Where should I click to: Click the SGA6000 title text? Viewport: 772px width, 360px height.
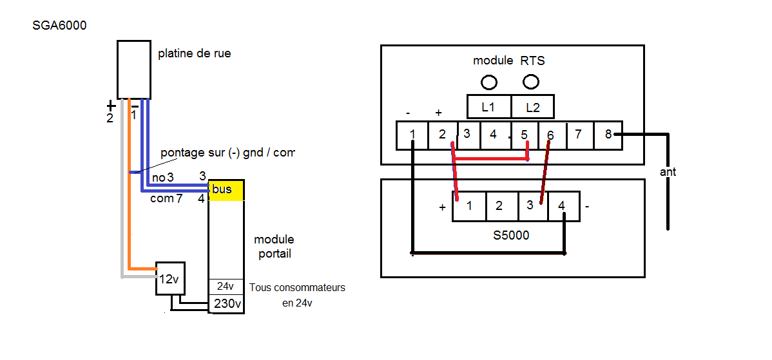click(59, 26)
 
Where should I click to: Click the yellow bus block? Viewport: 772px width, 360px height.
click(226, 190)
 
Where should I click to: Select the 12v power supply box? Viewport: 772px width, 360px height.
click(170, 279)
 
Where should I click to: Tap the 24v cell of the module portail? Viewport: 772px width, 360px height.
click(226, 286)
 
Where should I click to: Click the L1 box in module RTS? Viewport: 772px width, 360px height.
click(488, 107)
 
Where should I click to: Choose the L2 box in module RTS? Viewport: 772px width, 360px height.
click(532, 107)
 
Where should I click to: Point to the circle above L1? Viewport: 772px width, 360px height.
click(489, 82)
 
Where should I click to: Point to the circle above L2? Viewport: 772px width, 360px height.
click(532, 82)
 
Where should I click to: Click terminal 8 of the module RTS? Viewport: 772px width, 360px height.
click(608, 135)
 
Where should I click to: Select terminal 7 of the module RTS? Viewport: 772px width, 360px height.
click(579, 135)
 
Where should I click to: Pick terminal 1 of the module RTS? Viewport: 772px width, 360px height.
click(412, 135)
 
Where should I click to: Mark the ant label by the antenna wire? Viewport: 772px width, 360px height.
click(669, 173)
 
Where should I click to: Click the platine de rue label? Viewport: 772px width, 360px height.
click(194, 53)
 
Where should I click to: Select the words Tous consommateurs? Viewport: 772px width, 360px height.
click(297, 287)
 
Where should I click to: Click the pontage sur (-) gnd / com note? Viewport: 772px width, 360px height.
click(227, 153)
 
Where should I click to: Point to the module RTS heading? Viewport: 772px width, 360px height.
click(508, 61)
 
